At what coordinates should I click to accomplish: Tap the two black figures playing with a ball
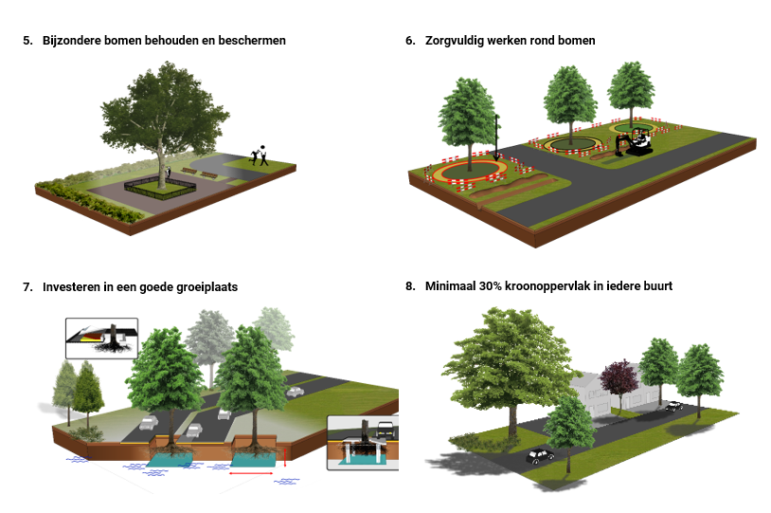(x=260, y=156)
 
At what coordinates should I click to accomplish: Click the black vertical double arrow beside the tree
(x=496, y=137)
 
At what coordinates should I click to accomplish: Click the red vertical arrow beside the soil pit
(x=285, y=457)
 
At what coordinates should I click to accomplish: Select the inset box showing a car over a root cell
(x=362, y=442)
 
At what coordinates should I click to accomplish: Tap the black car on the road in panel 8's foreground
(x=540, y=455)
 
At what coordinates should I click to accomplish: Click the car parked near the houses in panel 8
(x=673, y=406)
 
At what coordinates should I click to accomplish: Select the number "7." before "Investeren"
(x=28, y=286)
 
